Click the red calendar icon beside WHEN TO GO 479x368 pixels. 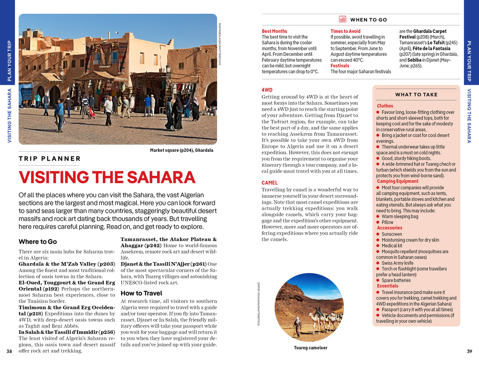pos(342,19)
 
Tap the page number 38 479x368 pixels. pos(9,351)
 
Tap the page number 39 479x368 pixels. pos(469,351)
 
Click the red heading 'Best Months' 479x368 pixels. pos(274,31)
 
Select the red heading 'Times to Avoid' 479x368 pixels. pos(345,31)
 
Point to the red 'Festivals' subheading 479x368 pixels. pos(340,66)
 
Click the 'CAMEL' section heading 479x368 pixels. pos(270,183)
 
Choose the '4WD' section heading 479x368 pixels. pos(267,90)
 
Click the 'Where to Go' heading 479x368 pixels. pos(38,242)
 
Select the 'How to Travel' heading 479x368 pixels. pos(141,293)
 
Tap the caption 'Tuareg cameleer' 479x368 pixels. pos(310,348)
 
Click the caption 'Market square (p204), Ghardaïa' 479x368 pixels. pos(181,150)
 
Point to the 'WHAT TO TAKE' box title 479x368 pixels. pos(416,94)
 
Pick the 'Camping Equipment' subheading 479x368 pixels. pos(398,181)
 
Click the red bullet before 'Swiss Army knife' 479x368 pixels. pos(378,263)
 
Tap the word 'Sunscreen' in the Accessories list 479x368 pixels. pos(392,234)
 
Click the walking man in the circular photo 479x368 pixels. pos(298,326)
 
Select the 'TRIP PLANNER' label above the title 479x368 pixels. pos(49,158)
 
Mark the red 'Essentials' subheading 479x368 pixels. pos(387,286)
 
